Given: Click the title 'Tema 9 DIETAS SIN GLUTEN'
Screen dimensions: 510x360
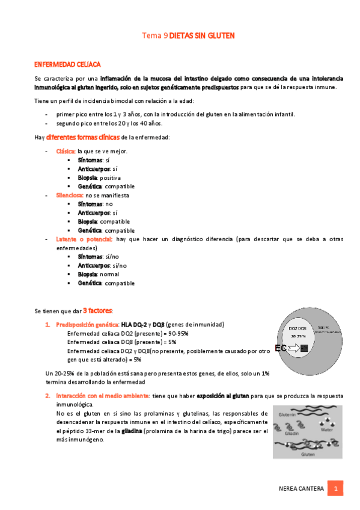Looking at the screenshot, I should (188, 36).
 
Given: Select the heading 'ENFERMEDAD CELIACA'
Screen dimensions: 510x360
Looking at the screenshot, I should (67, 64).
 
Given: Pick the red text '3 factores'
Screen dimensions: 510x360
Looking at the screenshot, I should (97, 310).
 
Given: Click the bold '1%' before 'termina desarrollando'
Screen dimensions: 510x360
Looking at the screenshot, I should (265, 373).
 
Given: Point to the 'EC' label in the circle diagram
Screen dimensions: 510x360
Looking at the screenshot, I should (279, 348).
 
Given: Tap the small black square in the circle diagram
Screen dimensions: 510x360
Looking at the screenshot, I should (304, 348).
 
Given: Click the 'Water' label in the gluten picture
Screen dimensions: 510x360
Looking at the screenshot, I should (326, 430).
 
